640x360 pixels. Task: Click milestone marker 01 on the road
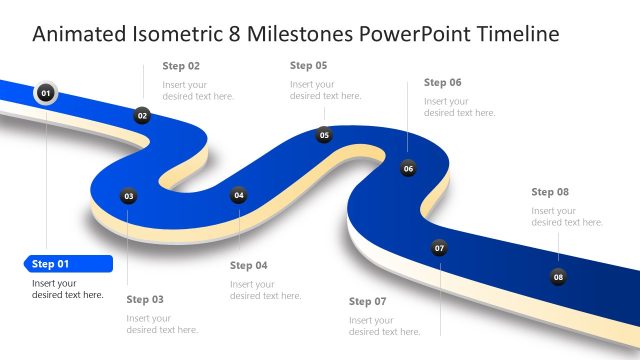pyautogui.click(x=45, y=93)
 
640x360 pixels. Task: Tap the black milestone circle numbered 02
pyautogui.click(x=143, y=116)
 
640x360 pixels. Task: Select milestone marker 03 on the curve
pyautogui.click(x=128, y=197)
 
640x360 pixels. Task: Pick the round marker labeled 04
pyautogui.click(x=239, y=196)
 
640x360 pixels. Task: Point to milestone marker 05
pyautogui.click(x=324, y=135)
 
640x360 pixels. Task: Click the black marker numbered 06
pyautogui.click(x=408, y=169)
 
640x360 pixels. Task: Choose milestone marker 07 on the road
pyautogui.click(x=439, y=248)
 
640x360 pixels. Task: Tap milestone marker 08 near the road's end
pyautogui.click(x=558, y=277)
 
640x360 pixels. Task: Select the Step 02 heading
pyautogui.click(x=181, y=66)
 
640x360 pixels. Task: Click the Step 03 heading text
pyautogui.click(x=145, y=299)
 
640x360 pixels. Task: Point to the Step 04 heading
pyautogui.click(x=249, y=265)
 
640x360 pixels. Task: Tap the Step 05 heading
pyautogui.click(x=308, y=65)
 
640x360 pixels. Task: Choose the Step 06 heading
pyautogui.click(x=442, y=82)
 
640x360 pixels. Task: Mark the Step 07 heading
pyautogui.click(x=367, y=301)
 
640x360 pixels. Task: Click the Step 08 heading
pyautogui.click(x=550, y=191)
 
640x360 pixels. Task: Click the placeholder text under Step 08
pyautogui.click(x=567, y=216)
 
